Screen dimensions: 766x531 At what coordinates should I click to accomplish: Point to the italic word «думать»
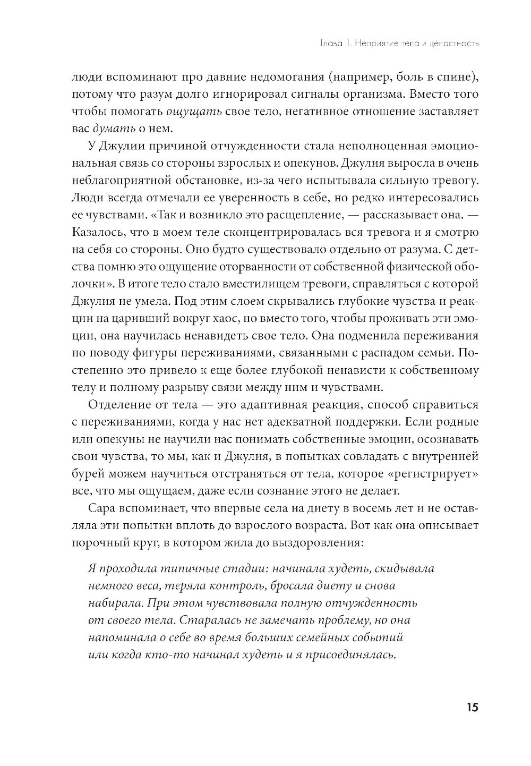(113, 129)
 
